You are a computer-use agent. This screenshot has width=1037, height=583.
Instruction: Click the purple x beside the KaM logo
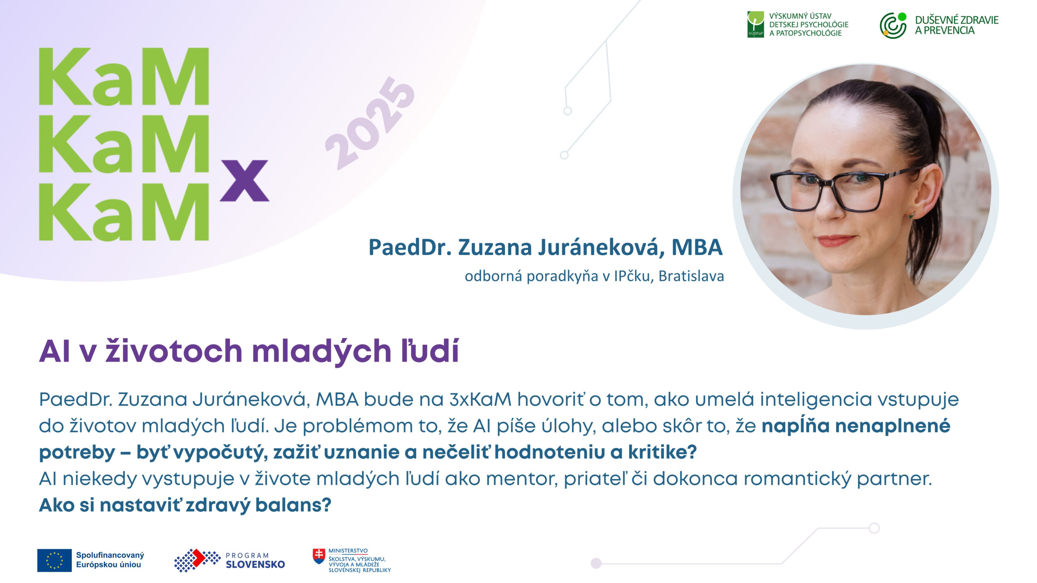244,181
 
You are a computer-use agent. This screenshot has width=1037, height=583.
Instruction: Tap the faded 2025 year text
370,123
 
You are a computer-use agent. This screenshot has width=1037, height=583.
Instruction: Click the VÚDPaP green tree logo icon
755,24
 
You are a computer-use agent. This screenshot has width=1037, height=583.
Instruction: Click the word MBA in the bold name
697,247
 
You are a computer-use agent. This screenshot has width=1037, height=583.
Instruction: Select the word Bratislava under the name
691,276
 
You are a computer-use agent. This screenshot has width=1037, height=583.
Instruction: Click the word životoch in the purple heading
173,351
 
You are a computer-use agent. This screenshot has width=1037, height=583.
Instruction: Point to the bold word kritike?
662,452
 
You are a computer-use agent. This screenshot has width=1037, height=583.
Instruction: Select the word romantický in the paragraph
797,479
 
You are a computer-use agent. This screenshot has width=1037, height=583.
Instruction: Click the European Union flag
54,560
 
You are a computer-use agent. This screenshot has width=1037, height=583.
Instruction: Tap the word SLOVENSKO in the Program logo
255,564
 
